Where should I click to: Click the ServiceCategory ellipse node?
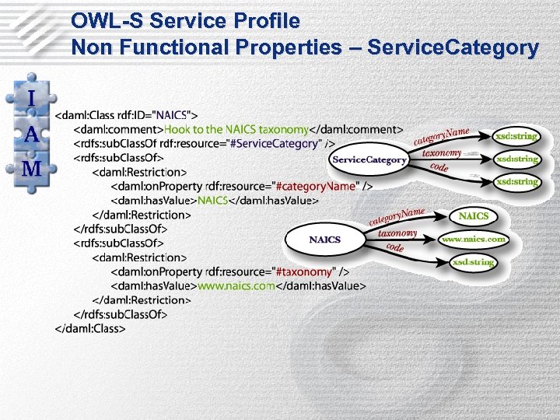369,159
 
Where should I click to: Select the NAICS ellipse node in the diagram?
324,239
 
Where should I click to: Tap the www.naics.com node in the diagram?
474,239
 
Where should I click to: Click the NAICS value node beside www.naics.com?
474,215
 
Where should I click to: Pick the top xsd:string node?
516,135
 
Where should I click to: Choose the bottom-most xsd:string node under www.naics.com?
474,262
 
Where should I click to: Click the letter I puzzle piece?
31,99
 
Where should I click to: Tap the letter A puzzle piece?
31,134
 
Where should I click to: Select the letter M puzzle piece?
31,169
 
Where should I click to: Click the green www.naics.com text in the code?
236,285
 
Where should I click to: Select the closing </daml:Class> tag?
90,328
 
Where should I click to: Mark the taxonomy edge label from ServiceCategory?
442,154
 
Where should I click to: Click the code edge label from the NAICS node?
395,247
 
